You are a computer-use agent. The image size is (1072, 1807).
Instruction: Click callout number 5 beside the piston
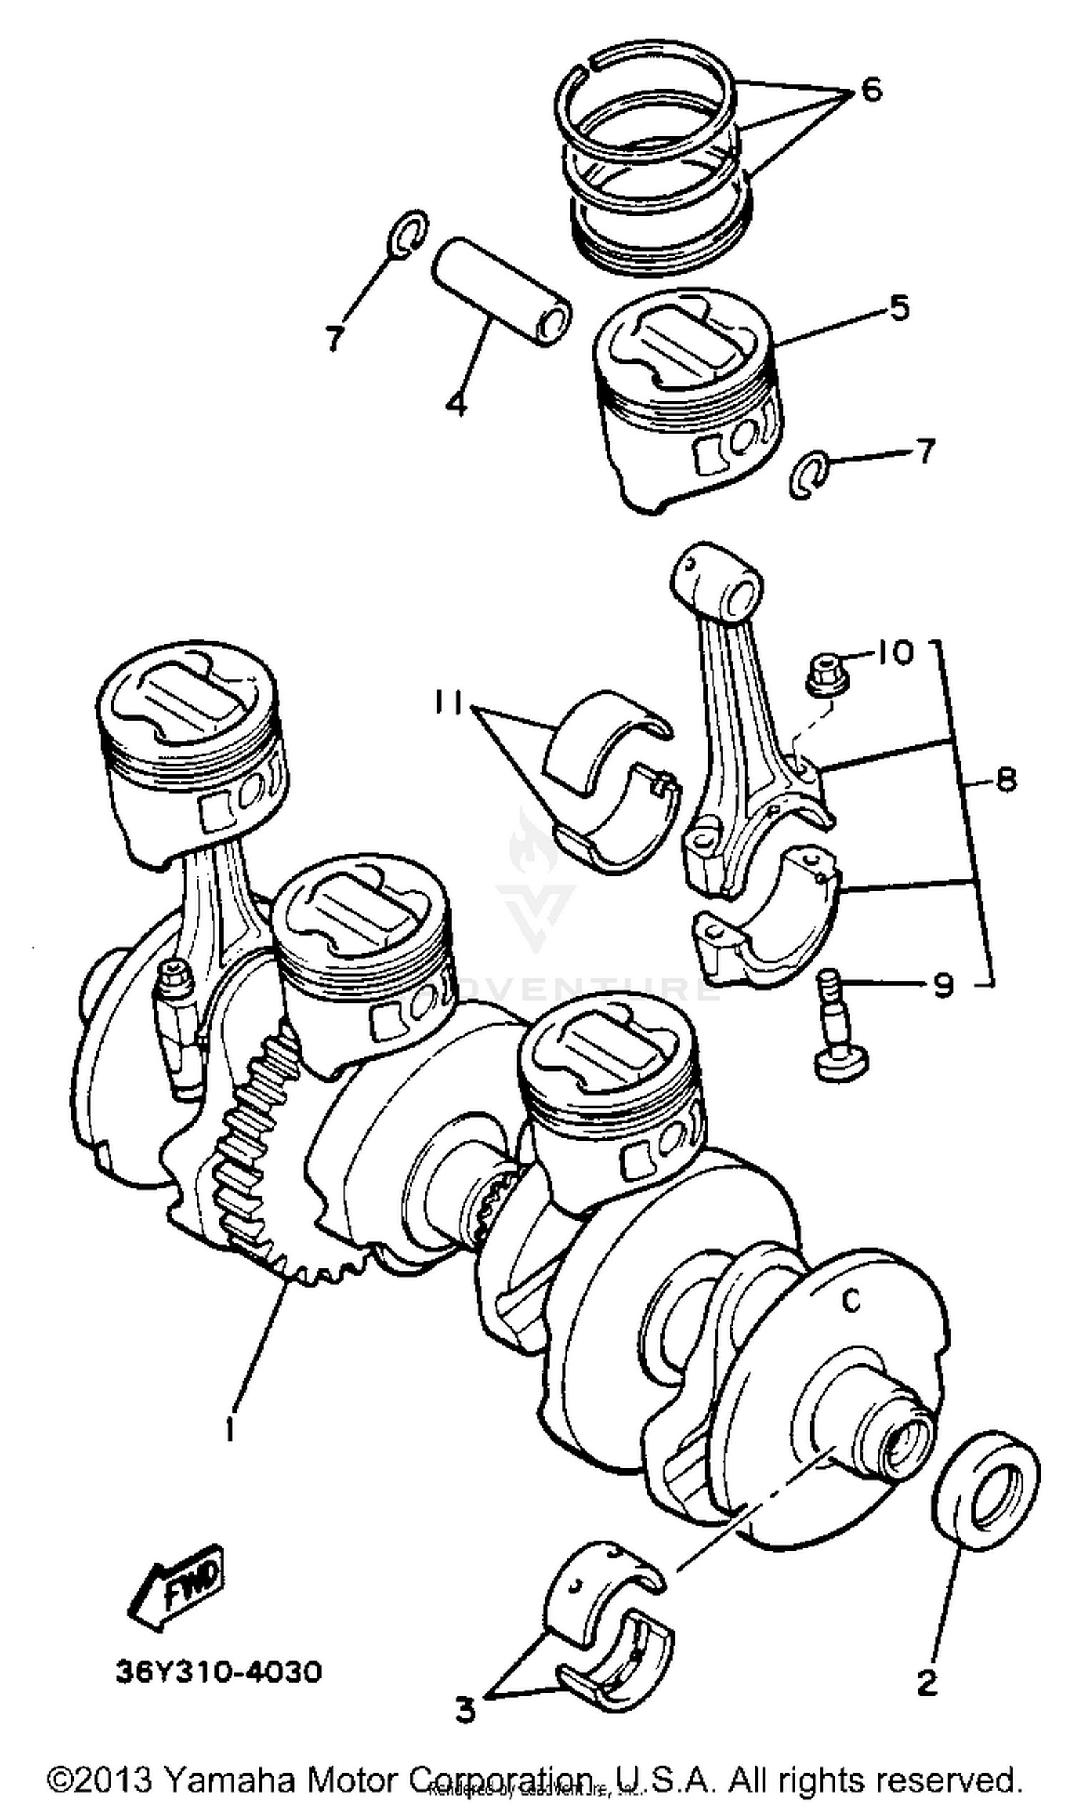coord(898,309)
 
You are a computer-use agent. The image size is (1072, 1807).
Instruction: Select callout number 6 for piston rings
coord(871,91)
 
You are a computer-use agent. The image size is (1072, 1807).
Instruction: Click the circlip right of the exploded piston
coord(808,474)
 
